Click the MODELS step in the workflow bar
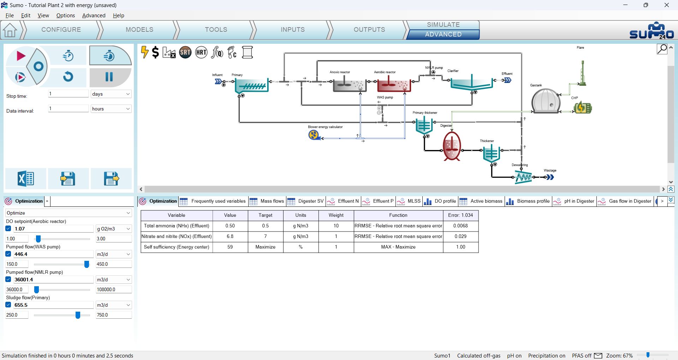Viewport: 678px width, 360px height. pos(139,30)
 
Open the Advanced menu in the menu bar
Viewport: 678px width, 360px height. pos(94,16)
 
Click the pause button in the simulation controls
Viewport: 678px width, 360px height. pos(109,77)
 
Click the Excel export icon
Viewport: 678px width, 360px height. pos(26,179)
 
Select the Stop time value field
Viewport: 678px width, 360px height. pos(68,94)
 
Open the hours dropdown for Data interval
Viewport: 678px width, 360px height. pos(111,109)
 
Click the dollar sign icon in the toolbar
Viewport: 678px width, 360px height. pos(155,53)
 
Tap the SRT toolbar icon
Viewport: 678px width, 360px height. pos(185,53)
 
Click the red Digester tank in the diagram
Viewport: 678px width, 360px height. pos(452,146)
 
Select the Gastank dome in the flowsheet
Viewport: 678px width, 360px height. pos(546,101)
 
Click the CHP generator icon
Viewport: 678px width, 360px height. pos(583,108)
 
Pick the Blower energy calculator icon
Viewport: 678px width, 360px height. pos(314,135)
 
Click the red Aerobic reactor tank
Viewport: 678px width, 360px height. pos(394,85)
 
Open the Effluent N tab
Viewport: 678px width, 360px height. pos(343,201)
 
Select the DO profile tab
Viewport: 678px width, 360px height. pos(440,201)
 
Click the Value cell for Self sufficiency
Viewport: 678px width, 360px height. pos(230,247)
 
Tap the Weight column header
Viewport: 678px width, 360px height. pos(336,215)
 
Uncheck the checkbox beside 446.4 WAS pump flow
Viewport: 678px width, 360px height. pos(8,254)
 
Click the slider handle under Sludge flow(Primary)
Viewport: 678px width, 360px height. pos(78,315)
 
